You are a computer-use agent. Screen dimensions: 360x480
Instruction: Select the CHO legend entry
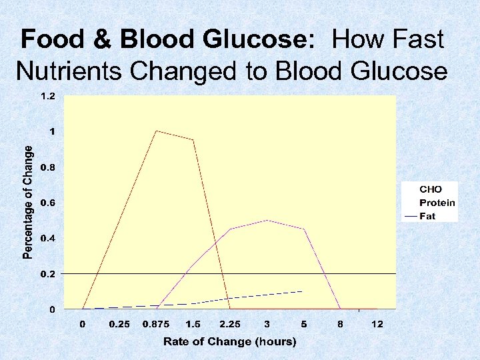(430, 189)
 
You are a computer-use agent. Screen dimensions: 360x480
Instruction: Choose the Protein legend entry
(437, 203)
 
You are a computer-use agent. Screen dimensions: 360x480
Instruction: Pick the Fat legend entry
(427, 216)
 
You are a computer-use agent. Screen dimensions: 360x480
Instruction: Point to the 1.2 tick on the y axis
(48, 96)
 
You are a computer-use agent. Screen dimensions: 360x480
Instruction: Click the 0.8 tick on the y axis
(48, 167)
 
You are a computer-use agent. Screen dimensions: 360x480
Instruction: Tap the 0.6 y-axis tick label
(48, 203)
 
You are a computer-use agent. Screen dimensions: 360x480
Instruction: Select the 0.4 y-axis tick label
(48, 238)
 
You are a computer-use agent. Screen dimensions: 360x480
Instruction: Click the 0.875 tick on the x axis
(156, 324)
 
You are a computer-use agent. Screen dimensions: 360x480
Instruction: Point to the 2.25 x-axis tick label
(230, 324)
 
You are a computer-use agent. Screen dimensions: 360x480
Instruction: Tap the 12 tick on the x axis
(377, 324)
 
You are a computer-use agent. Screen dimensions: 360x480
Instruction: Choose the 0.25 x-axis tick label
(119, 324)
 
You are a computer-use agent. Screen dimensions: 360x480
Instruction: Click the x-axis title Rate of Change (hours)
(230, 341)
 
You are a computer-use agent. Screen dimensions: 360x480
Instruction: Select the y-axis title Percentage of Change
(27, 203)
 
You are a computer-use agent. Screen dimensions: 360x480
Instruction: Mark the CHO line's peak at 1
(156, 131)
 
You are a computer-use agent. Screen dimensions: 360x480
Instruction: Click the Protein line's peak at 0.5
(267, 220)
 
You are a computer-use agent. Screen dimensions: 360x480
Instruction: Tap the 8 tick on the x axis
(341, 324)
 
